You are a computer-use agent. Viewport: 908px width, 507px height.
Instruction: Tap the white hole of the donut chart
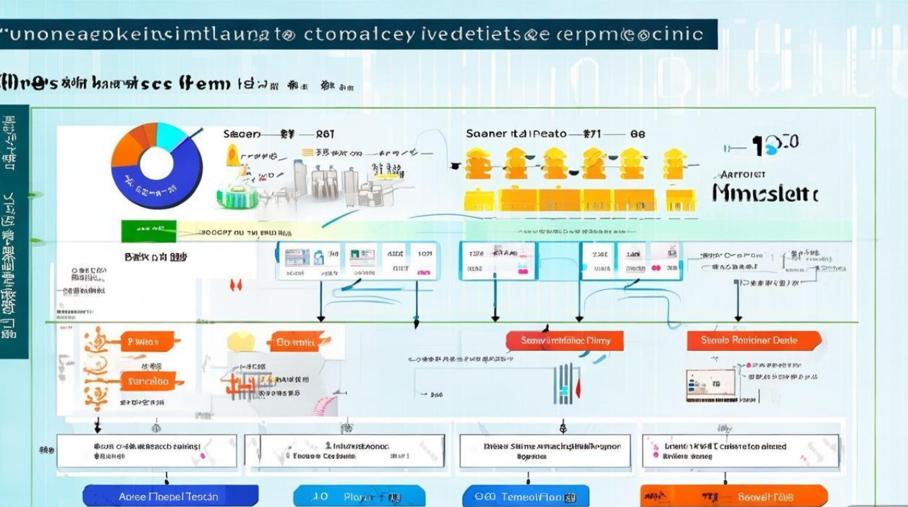tap(156, 163)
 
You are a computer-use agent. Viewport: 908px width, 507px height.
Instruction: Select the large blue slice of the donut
tap(179, 183)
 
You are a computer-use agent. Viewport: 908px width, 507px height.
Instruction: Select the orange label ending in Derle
tap(753, 341)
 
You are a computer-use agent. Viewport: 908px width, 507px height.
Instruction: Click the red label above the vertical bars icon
tap(565, 341)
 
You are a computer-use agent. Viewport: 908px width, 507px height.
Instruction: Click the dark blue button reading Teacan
tap(170, 496)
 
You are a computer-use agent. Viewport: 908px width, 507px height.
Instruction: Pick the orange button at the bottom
tap(733, 496)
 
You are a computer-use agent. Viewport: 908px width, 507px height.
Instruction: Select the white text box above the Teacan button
tap(147, 451)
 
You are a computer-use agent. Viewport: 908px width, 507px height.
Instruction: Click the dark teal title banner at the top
tap(358, 34)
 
